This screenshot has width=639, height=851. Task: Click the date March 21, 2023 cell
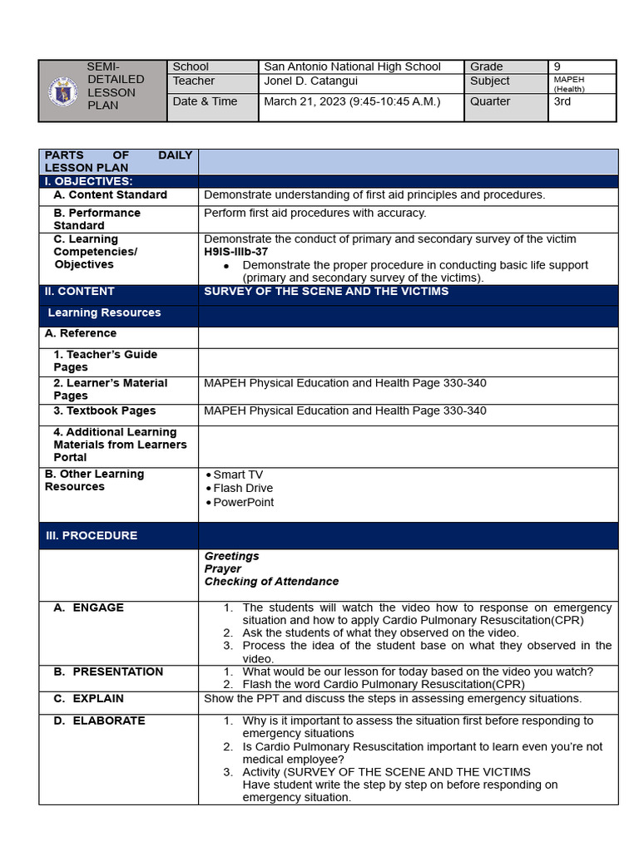coord(352,102)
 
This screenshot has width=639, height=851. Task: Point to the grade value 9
coord(557,66)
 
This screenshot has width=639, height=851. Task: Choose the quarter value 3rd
coord(562,102)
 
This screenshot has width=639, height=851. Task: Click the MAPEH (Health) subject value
coord(570,84)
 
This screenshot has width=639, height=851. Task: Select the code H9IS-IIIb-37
coord(235,252)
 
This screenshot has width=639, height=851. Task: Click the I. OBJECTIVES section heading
coord(88,181)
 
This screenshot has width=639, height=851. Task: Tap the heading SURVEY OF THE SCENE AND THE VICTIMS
coord(326,292)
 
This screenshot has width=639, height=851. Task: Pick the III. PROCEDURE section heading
coord(92,536)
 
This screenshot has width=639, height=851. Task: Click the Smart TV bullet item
coord(237,475)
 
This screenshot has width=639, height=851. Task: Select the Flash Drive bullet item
coord(242,489)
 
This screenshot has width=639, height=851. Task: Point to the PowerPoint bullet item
coord(243,503)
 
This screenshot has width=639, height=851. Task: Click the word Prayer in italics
coord(223,569)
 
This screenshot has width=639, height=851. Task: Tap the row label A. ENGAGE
coord(88,608)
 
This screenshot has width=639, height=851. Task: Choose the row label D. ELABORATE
coord(99,721)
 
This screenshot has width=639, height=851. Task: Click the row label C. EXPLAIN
coord(88,699)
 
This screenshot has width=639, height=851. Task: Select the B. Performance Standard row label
coord(97,219)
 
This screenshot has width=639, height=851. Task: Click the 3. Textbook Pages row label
coord(104,411)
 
